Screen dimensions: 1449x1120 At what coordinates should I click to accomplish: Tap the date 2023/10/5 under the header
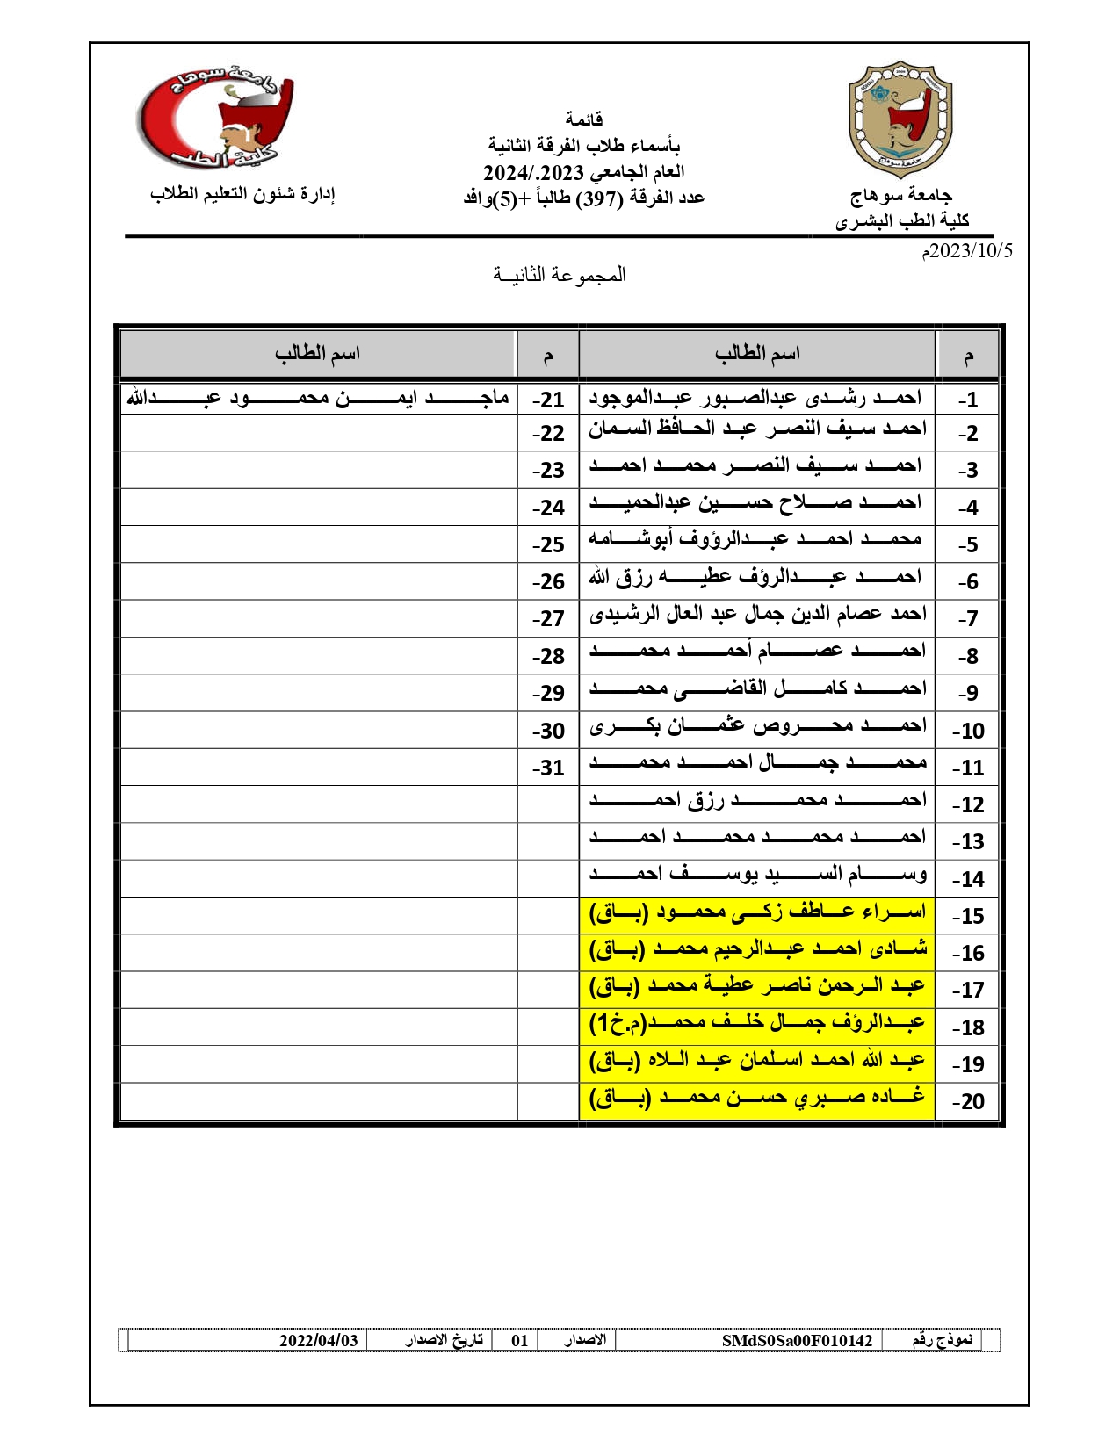click(966, 251)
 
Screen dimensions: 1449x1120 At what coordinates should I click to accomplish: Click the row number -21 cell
click(548, 400)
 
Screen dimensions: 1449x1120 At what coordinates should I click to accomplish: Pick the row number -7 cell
click(967, 619)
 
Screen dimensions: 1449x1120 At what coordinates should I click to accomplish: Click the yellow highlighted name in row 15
click(757, 913)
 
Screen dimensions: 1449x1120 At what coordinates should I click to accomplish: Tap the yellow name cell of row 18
click(757, 1025)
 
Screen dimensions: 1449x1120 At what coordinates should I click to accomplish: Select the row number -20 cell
click(968, 1101)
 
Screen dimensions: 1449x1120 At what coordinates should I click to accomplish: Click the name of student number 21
click(318, 399)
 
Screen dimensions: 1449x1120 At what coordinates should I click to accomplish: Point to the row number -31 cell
click(548, 768)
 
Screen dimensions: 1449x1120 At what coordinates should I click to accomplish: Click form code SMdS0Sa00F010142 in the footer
click(797, 1340)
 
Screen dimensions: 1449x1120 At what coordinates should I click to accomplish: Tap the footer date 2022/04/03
click(319, 1340)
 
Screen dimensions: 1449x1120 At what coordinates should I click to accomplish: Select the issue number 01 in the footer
click(519, 1340)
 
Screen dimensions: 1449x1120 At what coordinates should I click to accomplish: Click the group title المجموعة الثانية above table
click(560, 275)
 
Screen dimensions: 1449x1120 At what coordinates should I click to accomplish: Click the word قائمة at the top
click(584, 119)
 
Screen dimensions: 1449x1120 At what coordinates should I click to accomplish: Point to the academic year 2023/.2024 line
click(583, 171)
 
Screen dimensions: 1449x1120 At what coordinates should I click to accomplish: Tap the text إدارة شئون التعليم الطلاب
click(242, 193)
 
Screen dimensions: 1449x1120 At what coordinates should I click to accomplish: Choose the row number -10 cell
click(968, 731)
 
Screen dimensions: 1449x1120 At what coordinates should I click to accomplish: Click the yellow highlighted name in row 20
click(757, 1099)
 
